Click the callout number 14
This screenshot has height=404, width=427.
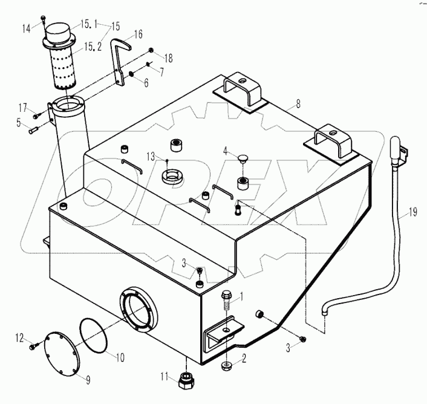pyautogui.click(x=27, y=28)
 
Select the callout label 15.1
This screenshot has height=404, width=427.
pyautogui.click(x=90, y=24)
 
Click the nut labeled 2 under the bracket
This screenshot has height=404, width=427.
pyautogui.click(x=226, y=364)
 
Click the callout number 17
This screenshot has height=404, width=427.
pyautogui.click(x=22, y=108)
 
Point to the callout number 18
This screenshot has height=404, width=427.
pyautogui.click(x=168, y=59)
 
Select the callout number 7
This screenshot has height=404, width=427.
pyautogui.click(x=161, y=72)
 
